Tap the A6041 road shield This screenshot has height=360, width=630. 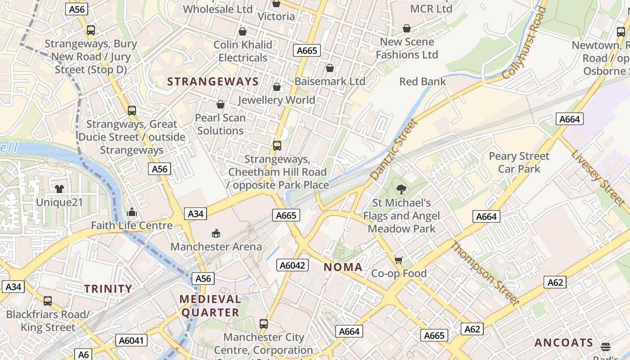pos(131,340)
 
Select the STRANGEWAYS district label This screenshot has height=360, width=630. pos(213,81)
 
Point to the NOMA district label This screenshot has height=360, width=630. pos(343,267)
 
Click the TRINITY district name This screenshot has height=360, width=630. pos(108,289)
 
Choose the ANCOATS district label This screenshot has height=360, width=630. pos(564,343)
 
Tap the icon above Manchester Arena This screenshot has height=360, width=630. pos(216,233)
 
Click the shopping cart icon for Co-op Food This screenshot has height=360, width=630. pos(398,260)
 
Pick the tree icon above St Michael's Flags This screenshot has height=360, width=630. pos(401,189)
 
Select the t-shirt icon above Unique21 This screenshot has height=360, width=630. pos(59,189)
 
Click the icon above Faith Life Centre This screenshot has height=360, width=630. pos(132,212)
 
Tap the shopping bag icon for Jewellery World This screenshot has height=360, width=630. pos(277,86)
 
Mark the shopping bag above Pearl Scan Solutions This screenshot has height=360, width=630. pos(220,104)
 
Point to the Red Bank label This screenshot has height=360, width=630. pos(423,81)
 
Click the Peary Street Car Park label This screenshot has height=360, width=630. pos(519,162)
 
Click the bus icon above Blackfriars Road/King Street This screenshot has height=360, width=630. pos(48,301)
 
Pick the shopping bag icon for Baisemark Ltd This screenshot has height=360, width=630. pos(330,68)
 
